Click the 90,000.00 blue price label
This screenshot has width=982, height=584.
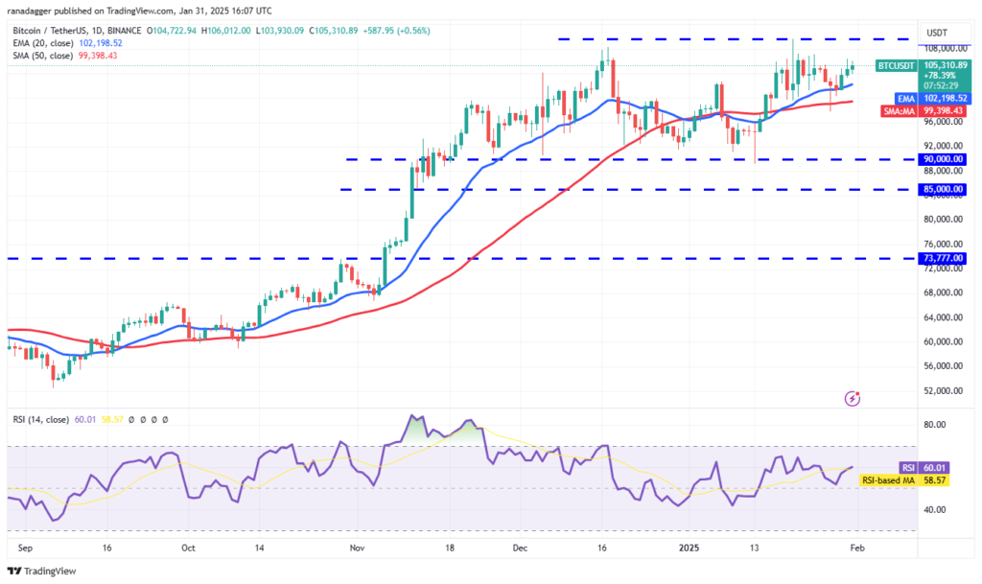point(944,159)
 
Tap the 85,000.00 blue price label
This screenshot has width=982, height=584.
point(944,190)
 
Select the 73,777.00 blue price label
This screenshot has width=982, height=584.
point(944,258)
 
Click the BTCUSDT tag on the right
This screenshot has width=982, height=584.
point(896,66)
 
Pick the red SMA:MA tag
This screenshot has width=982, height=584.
point(898,111)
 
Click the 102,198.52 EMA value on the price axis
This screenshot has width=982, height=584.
point(944,98)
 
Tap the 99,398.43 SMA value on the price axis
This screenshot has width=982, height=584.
point(944,111)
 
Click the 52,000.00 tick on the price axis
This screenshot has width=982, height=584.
point(942,390)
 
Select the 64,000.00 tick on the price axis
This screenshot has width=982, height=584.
point(942,317)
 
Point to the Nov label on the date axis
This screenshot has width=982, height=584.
point(357,548)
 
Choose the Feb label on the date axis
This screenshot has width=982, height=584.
point(857,548)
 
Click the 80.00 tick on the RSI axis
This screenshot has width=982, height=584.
point(935,425)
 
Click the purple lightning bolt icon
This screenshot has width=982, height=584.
point(853,398)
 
